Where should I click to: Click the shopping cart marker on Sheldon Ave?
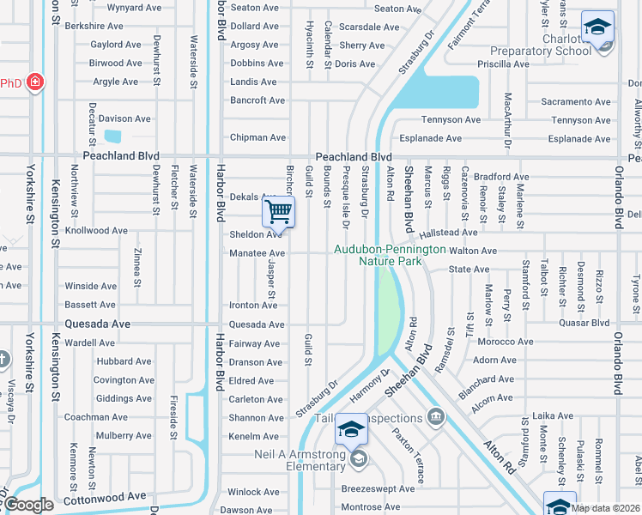click(x=279, y=211)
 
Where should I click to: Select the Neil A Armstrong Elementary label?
click(x=299, y=460)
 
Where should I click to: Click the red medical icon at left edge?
click(x=35, y=82)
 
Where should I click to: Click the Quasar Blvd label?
click(x=583, y=324)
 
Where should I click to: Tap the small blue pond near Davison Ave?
click(x=112, y=136)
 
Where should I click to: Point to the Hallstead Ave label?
click(x=449, y=233)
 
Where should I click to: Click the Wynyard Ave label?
click(x=134, y=8)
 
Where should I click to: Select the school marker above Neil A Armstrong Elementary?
click(x=350, y=428)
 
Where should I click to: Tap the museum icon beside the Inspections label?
click(x=436, y=418)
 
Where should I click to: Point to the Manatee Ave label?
click(x=257, y=253)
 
